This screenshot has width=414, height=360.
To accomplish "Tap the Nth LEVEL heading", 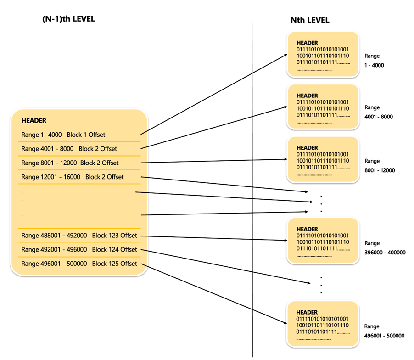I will coord(310,20).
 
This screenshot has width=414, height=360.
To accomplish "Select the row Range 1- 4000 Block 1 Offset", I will coord(63,135).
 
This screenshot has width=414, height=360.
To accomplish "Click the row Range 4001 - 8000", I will coord(69,149).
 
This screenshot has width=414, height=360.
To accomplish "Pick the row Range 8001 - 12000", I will coord(70,163).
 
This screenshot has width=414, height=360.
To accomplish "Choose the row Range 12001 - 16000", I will coord(73,177).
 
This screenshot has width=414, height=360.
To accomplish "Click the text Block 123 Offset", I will coord(114,236).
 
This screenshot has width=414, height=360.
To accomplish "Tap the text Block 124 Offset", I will coord(114,249).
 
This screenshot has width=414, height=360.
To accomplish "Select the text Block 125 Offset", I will coord(114,264).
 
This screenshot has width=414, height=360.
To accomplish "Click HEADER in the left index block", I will coord(34,121).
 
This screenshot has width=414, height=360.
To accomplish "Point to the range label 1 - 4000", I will coord(375,65).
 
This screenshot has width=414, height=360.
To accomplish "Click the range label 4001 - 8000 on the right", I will coord(379,117).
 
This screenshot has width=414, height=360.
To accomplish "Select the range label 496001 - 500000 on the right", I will coord(384,336).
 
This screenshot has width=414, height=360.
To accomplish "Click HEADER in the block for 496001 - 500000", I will coord(307,312).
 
